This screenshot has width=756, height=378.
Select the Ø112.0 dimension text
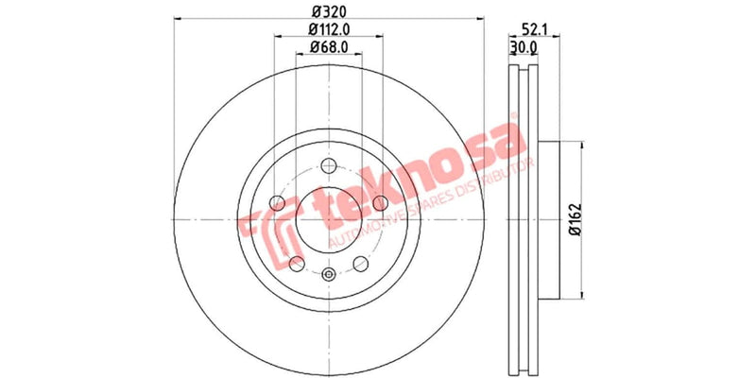[328, 29]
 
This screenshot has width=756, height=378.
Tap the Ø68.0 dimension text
[328, 47]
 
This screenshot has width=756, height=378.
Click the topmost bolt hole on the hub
[328, 163]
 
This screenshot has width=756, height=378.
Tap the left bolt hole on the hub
[277, 202]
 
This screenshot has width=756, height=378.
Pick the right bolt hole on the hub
[379, 202]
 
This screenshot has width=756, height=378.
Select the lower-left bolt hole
[296, 264]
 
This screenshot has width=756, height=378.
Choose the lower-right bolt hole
[360, 264]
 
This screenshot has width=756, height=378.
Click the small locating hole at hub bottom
[328, 275]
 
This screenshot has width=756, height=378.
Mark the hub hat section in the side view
[546, 219]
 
